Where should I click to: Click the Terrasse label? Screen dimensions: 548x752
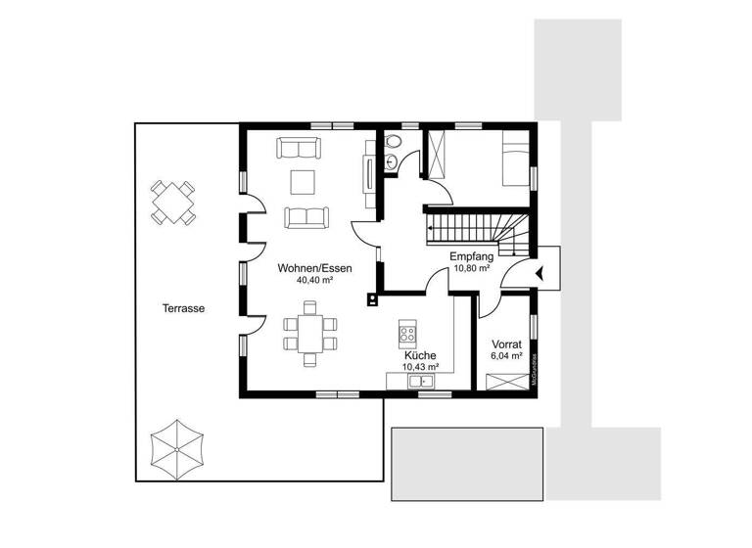pos(183,307)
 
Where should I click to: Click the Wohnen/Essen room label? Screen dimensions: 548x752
pos(314,267)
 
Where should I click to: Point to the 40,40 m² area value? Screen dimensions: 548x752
pos(314,280)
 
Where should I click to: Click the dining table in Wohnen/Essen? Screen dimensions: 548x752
pos(310,334)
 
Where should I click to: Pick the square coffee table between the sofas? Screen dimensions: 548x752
pos(302,182)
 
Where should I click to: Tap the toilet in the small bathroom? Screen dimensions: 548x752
pos(393,144)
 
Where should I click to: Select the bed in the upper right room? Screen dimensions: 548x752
pos(514,160)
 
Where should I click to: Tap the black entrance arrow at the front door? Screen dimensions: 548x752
pos(540,271)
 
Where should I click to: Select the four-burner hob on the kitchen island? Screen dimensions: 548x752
pos(406,335)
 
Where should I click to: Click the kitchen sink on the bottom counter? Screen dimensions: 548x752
pos(423,381)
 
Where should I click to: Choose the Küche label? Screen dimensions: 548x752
pos(419,356)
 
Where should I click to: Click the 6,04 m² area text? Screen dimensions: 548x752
pos(506,358)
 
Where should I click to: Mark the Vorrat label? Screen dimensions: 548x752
pos(506,345)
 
